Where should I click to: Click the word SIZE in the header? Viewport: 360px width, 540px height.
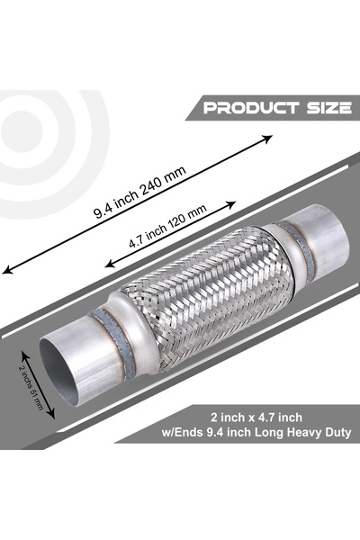(328, 109)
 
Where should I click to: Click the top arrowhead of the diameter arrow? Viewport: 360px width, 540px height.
(40, 343)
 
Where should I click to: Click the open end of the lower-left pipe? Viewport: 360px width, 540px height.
(77, 368)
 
